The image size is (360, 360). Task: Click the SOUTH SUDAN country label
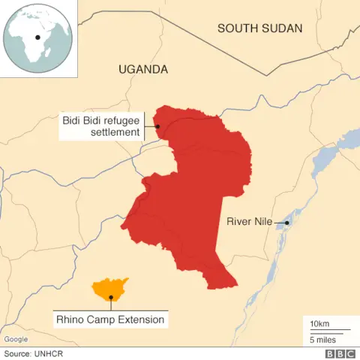259,28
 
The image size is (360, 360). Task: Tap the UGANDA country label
143,69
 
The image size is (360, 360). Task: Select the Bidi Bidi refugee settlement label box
101,126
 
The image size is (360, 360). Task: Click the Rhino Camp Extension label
110,319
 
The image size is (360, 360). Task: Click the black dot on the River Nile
286,222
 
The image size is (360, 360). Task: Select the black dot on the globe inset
37,36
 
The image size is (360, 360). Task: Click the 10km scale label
319,323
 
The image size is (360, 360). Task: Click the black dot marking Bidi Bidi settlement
157,126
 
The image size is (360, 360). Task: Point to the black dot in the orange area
111,297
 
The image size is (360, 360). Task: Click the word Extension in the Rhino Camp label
139,319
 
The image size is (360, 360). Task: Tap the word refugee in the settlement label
122,119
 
